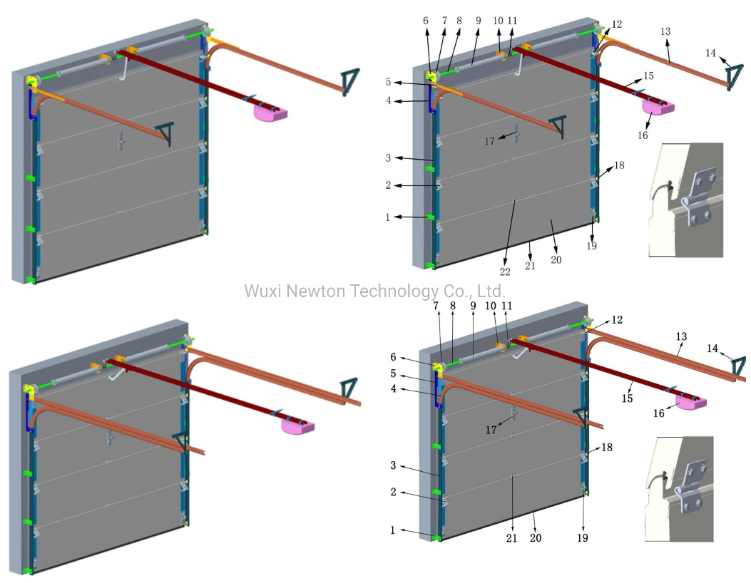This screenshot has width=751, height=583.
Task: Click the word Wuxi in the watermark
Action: (260, 291)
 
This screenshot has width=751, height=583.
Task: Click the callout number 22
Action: (505, 271)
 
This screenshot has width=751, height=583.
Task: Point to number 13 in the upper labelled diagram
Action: (665, 31)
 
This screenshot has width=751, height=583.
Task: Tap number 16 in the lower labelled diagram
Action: (659, 413)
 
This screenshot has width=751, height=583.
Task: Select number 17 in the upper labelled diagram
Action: (489, 140)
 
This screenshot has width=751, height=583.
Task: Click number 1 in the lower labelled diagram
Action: (392, 530)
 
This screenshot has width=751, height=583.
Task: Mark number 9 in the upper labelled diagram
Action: (479, 21)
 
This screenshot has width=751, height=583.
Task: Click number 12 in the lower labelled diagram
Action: (616, 320)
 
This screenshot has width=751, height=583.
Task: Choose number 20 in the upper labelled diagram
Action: (556, 259)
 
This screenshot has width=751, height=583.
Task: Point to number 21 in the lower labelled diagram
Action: (511, 538)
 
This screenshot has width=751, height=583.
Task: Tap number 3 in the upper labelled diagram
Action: (387, 158)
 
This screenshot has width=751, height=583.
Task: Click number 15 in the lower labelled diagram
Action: (627, 398)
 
